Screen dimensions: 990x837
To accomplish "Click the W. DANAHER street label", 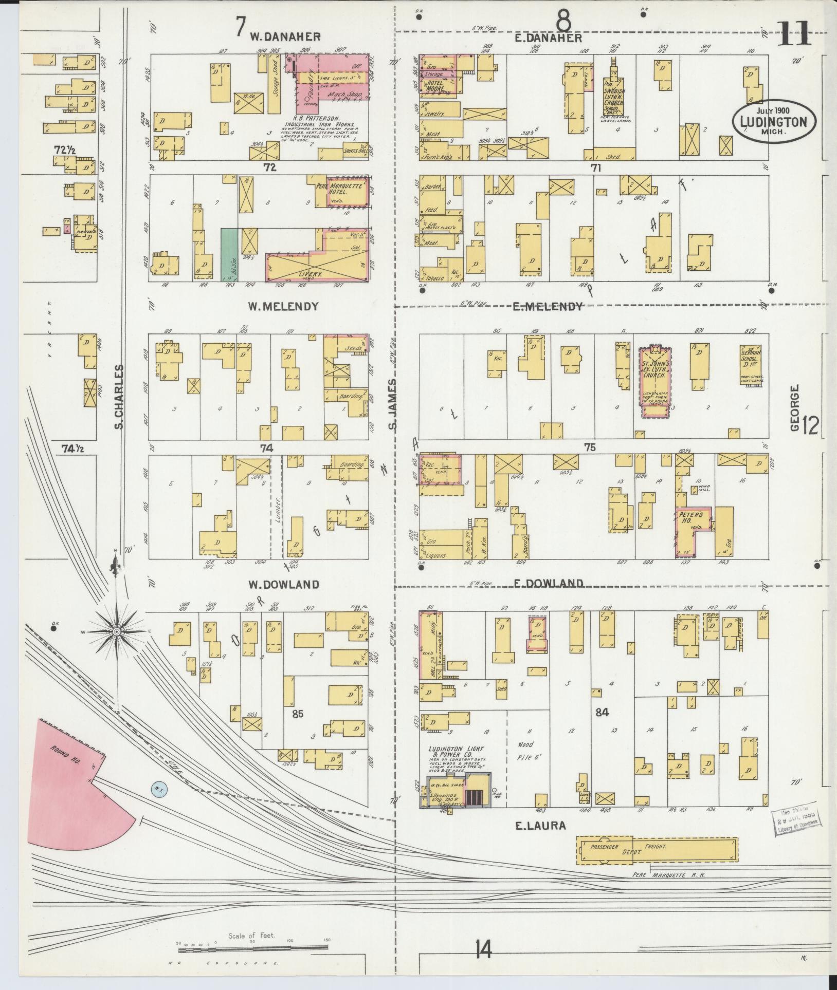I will [x=285, y=36].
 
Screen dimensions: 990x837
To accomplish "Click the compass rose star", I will [x=117, y=631].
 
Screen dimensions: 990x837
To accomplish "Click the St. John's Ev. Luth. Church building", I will [x=654, y=378].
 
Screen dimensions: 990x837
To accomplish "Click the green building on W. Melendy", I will [x=229, y=254].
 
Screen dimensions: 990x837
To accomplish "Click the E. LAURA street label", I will [x=540, y=826].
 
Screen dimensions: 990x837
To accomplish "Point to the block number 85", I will [x=297, y=713].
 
